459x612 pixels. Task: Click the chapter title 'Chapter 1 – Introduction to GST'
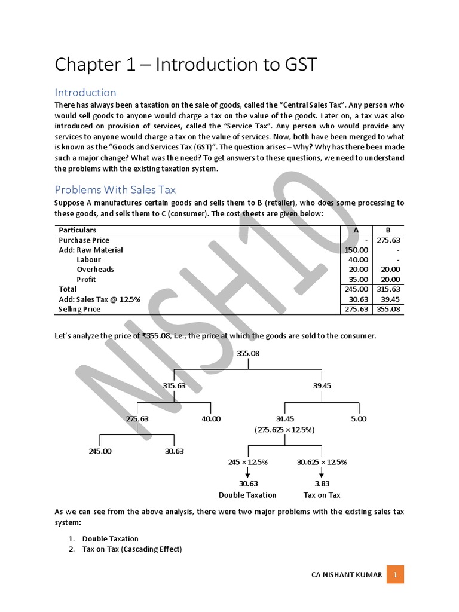pyautogui.click(x=185, y=65)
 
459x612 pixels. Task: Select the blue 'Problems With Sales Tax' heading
pyautogui.click(x=115, y=190)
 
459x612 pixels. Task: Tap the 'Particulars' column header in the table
pyautogui.click(x=77, y=230)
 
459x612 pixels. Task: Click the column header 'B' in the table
pyautogui.click(x=388, y=230)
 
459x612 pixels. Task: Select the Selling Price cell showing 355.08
pyautogui.click(x=388, y=310)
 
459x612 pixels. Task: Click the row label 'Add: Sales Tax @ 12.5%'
pyautogui.click(x=99, y=299)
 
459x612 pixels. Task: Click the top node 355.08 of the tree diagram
pyautogui.click(x=248, y=353)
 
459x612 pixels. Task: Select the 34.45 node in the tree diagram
pyautogui.click(x=284, y=419)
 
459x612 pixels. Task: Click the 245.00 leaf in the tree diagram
pyautogui.click(x=100, y=451)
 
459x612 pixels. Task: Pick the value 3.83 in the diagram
pyautogui.click(x=322, y=484)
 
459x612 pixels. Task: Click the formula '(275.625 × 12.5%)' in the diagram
pyautogui.click(x=284, y=430)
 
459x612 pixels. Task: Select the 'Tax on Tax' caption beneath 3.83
pyautogui.click(x=322, y=495)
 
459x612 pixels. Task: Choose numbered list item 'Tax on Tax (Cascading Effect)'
pyautogui.click(x=131, y=549)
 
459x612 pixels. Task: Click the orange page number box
pyautogui.click(x=395, y=575)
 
